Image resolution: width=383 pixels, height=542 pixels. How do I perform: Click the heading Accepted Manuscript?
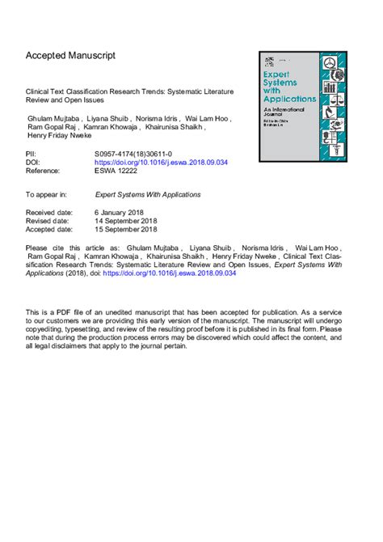[70, 56]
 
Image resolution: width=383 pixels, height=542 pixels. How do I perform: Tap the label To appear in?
[46, 195]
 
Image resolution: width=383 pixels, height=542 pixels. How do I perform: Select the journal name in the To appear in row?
[148, 195]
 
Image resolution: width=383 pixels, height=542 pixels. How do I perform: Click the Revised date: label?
[48, 220]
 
